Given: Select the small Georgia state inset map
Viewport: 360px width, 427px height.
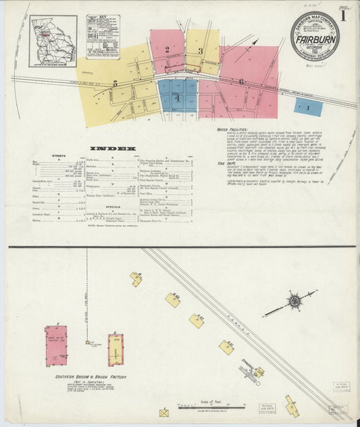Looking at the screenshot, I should pyautogui.click(x=53, y=41).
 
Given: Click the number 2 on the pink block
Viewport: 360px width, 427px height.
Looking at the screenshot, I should pyautogui.click(x=166, y=49).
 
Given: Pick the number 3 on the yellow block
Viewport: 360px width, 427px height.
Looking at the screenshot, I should pyautogui.click(x=201, y=51).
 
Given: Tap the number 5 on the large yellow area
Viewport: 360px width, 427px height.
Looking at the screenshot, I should pyautogui.click(x=115, y=84).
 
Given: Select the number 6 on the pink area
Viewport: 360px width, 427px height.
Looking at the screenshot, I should pyautogui.click(x=241, y=82).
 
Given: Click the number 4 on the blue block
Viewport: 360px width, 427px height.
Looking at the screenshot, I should pyautogui.click(x=177, y=99).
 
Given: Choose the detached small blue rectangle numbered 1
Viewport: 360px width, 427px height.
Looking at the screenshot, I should pyautogui.click(x=308, y=107).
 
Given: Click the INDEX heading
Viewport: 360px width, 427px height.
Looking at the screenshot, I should pyautogui.click(x=122, y=148).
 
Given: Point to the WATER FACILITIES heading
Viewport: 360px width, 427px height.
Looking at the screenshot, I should pyautogui.click(x=232, y=130).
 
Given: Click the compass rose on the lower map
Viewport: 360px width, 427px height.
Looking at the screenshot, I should pyautogui.click(x=294, y=301).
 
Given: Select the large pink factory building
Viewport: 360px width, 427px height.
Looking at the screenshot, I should pyautogui.click(x=56, y=346).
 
